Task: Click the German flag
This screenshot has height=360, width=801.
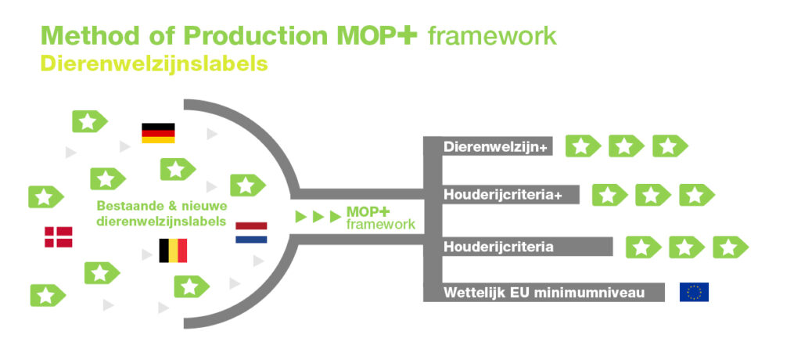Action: (x=158, y=133)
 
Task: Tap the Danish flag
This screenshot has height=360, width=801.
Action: (x=58, y=237)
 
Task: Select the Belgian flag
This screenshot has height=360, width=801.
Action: (x=173, y=250)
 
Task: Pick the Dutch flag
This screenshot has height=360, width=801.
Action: (x=251, y=232)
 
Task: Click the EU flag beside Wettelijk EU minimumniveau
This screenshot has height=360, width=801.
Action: (x=694, y=292)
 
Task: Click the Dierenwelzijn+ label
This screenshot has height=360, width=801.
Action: (x=495, y=147)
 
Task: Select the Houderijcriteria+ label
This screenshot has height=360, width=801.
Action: (x=503, y=195)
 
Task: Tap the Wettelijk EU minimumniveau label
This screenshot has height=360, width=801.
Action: (x=544, y=293)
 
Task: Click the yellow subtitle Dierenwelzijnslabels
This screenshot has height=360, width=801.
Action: (x=154, y=64)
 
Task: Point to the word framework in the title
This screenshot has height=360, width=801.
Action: (x=492, y=36)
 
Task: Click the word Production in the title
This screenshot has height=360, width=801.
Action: (x=254, y=35)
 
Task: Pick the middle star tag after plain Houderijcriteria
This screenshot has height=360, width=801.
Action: (x=687, y=247)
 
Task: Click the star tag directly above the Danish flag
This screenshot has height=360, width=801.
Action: (x=46, y=197)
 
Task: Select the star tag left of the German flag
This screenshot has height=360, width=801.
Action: (x=90, y=121)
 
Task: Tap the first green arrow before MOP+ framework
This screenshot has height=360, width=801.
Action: (x=301, y=217)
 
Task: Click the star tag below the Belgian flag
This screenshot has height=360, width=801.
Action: (x=192, y=286)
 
